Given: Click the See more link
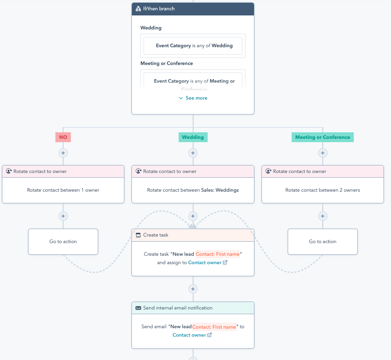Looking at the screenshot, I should coord(193,98).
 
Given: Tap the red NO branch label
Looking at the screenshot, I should coord(63,137).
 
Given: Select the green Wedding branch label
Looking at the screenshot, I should coord(193,137).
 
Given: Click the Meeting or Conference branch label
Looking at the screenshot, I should coord(322,137).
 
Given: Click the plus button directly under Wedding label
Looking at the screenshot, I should coord(193,153).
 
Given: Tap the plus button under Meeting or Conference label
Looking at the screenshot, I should coord(322,153).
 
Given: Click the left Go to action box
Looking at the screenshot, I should coord(63,242).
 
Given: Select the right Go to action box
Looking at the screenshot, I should coord(322,242).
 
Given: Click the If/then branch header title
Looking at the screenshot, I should coord(159,8).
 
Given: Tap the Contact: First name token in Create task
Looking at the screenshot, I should coord(218,254).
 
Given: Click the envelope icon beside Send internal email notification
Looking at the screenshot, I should coord(138,308).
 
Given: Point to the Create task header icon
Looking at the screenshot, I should coord(138,235).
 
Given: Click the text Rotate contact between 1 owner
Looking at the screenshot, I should coord(63,190).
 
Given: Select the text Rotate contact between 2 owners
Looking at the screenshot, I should coord(322,190).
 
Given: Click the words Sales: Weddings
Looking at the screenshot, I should coord(220,190).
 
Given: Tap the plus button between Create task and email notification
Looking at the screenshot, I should coord(193,289).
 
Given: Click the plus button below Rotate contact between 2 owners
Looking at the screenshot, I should coord(322,216).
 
